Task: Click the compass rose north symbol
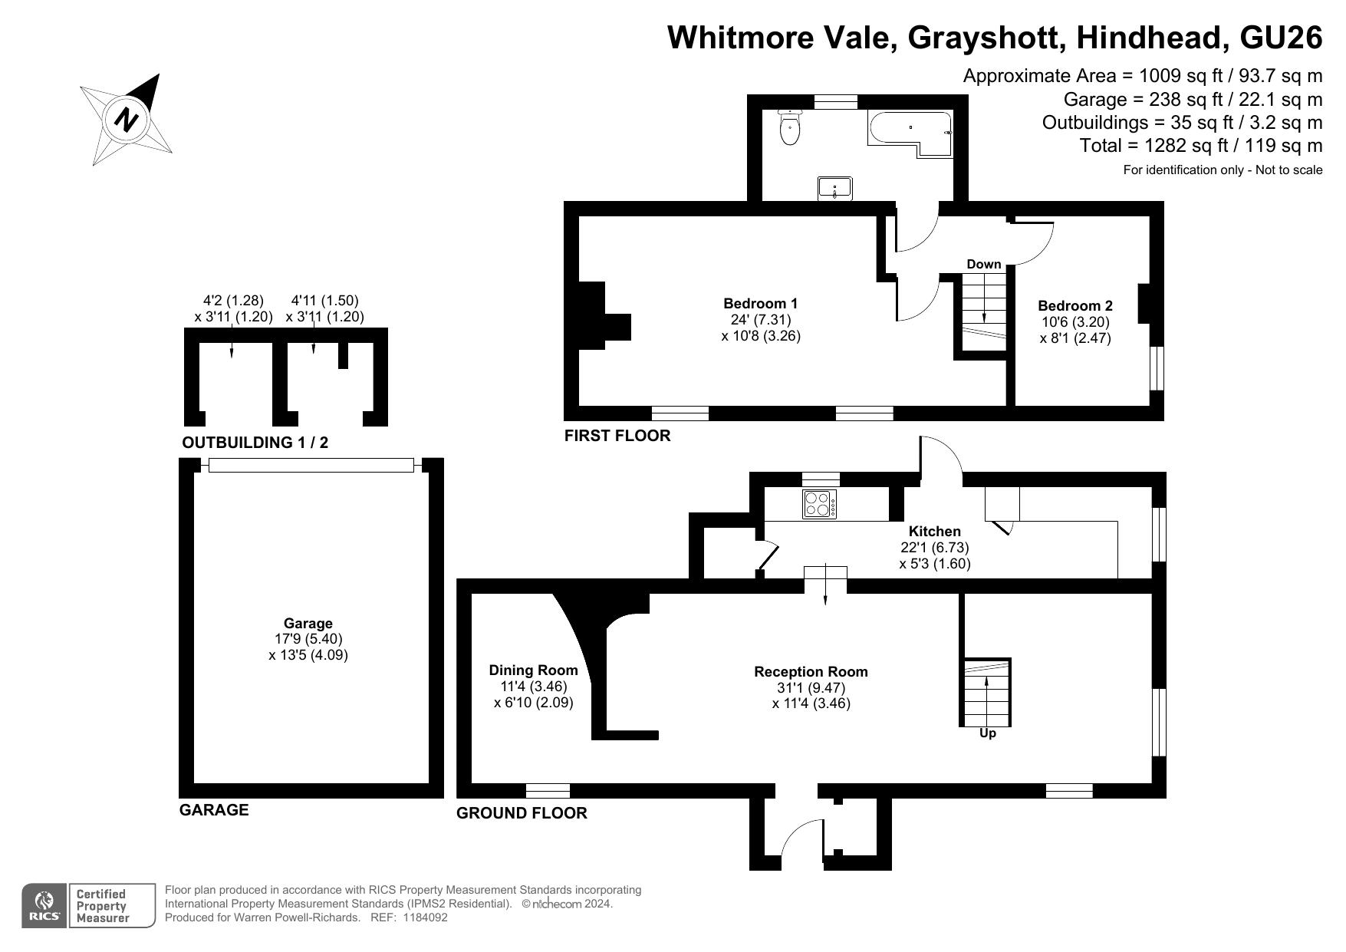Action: click(x=127, y=120)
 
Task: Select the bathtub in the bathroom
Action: click(x=910, y=133)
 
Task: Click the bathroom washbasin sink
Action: click(x=835, y=188)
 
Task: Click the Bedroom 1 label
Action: click(x=761, y=303)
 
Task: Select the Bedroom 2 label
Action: click(x=1074, y=305)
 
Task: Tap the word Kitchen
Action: click(x=934, y=531)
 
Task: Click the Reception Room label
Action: click(x=811, y=671)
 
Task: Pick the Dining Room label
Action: click(x=533, y=670)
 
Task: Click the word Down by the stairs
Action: click(x=984, y=264)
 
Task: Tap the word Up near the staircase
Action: click(x=988, y=733)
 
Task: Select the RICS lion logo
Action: click(x=45, y=906)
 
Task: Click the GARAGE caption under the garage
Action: click(x=214, y=810)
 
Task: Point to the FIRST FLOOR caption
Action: click(x=617, y=436)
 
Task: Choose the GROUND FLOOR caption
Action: click(x=522, y=813)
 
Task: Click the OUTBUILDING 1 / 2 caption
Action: click(x=255, y=443)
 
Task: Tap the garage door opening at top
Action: click(x=311, y=465)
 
